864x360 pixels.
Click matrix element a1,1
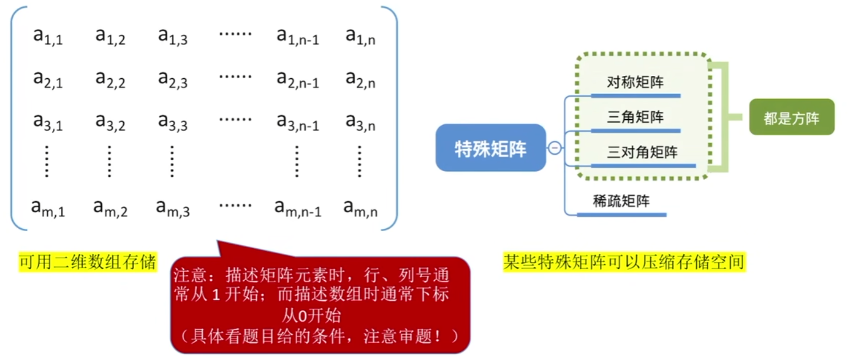[48, 37]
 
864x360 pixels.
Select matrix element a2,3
[173, 79]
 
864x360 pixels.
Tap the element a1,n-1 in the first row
[297, 37]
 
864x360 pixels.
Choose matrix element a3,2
[110, 122]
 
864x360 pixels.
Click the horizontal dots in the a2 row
[235, 76]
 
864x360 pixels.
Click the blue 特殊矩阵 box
[490, 148]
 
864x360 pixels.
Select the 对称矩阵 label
[635, 83]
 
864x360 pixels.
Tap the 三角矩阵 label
[635, 118]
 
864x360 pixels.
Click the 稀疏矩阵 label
[621, 201]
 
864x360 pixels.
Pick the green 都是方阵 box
[791, 118]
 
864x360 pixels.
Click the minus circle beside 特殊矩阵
[554, 148]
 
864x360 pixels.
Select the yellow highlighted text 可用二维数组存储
[87, 263]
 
